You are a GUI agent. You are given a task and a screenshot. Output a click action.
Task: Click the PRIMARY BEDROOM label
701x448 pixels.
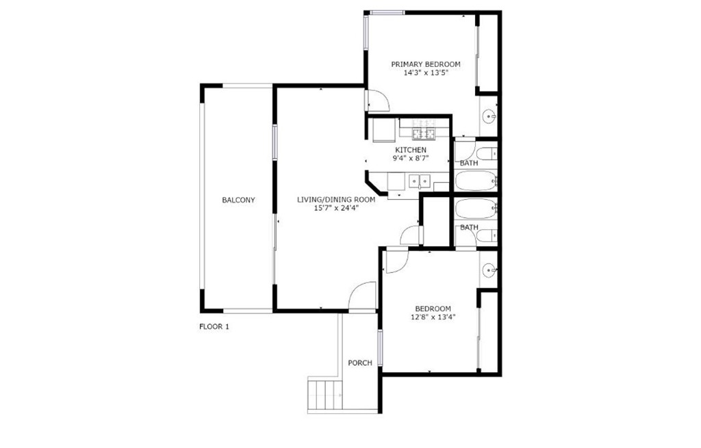pyautogui.click(x=426, y=64)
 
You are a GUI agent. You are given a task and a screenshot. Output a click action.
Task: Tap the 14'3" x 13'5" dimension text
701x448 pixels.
pyautogui.click(x=426, y=73)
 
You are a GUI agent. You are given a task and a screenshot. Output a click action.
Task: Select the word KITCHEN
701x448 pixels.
pyautogui.click(x=411, y=150)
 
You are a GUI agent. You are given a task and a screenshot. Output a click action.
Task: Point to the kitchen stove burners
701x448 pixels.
pyautogui.click(x=423, y=128)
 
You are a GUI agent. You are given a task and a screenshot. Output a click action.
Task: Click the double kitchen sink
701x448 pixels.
pyautogui.click(x=419, y=181)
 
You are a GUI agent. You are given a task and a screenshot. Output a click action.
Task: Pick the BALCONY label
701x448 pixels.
pyautogui.click(x=238, y=200)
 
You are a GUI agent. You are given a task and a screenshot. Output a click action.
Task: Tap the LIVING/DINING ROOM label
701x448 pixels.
pyautogui.click(x=336, y=200)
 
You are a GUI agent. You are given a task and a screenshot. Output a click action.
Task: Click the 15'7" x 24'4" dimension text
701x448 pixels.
pyautogui.click(x=336, y=208)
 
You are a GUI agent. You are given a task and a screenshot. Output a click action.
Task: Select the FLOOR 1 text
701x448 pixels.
pyautogui.click(x=214, y=326)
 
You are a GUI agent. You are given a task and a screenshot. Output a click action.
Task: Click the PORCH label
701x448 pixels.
pyautogui.click(x=360, y=363)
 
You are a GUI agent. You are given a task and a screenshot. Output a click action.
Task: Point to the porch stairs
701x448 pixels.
pyautogui.click(x=325, y=395)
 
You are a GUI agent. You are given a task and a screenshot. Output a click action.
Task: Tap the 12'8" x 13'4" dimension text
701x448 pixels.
pyautogui.click(x=433, y=317)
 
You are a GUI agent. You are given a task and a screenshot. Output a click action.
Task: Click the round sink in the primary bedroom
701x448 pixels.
pyautogui.click(x=489, y=117)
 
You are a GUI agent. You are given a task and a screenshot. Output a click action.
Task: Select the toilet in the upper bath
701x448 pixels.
pyautogui.click(x=487, y=153)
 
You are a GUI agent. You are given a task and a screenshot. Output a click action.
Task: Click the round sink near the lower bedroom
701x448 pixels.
pyautogui.click(x=489, y=269)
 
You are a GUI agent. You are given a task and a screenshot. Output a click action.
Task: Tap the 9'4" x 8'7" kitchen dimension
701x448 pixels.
pyautogui.click(x=411, y=158)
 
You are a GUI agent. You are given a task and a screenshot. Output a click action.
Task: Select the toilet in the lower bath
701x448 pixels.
pyautogui.click(x=487, y=235)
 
